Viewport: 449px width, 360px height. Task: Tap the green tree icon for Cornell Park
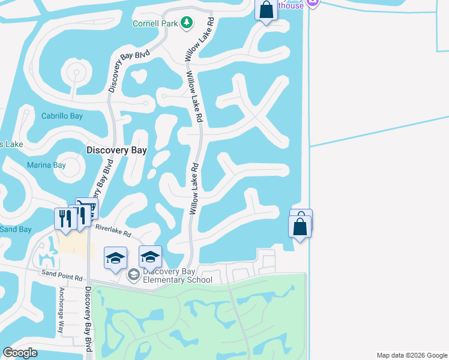[x=187, y=23]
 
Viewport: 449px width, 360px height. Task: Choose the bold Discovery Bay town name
[x=116, y=151]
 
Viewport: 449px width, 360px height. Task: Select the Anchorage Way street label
[x=61, y=310]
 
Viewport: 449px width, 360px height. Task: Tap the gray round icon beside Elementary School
[x=133, y=275]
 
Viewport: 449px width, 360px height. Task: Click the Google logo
[x=20, y=353]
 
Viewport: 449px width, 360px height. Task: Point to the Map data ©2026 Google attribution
[x=412, y=355]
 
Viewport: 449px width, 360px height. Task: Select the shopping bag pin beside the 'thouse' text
[x=265, y=10]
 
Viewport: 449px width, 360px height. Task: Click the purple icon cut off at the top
[x=312, y=3]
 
